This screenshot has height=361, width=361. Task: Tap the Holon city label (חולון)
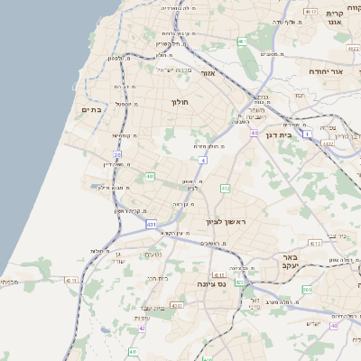click(x=178, y=102)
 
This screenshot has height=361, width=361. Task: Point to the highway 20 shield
click(x=118, y=155)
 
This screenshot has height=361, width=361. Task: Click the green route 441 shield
click(x=150, y=176)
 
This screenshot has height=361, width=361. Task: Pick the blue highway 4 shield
click(x=204, y=160)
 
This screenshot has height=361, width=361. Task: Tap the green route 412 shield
click(x=226, y=188)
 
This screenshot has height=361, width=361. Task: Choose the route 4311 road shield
click(x=314, y=243)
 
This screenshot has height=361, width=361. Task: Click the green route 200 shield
click(x=307, y=289)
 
